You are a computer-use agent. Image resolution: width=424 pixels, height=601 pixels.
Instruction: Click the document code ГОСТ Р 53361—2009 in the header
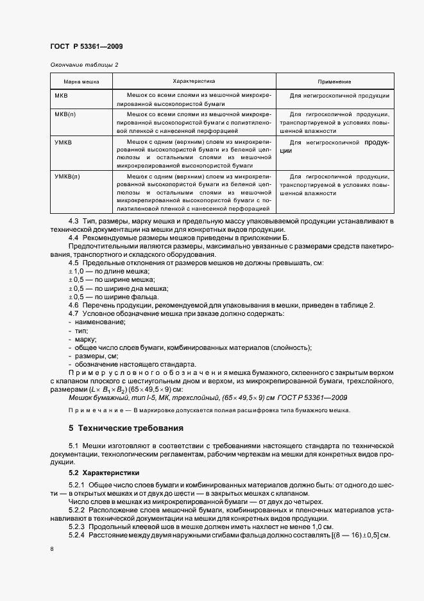(86, 46)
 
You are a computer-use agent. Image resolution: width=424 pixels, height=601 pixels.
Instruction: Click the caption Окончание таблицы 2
(84, 65)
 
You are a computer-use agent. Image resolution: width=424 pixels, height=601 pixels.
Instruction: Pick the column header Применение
(334, 82)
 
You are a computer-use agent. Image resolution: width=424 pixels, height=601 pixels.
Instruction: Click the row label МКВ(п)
(65, 114)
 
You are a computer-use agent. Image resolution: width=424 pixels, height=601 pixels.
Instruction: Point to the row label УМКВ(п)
(67, 175)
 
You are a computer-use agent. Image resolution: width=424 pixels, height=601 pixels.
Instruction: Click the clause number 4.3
(74, 222)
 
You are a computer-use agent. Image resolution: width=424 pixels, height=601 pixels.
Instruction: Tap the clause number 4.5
(74, 263)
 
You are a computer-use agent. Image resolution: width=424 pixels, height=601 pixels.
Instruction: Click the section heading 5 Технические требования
(126, 428)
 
